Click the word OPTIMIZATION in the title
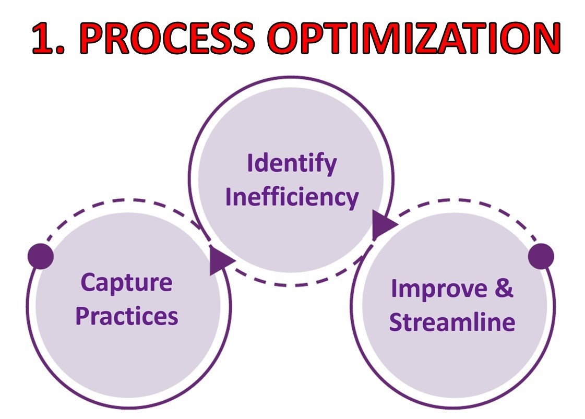pyautogui.click(x=414, y=38)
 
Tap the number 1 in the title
pyautogui.click(x=43, y=38)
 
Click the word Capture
pyautogui.click(x=126, y=282)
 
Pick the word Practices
pyautogui.click(x=127, y=316)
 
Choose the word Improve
pyautogui.click(x=439, y=289)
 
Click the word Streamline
pyautogui.click(x=452, y=321)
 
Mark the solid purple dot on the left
pyautogui.click(x=41, y=256)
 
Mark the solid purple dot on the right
pyautogui.click(x=541, y=256)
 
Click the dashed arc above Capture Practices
pyautogui.click(x=127, y=201)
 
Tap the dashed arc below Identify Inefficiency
pyautogui.click(x=291, y=285)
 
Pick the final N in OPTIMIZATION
pyautogui.click(x=546, y=38)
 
